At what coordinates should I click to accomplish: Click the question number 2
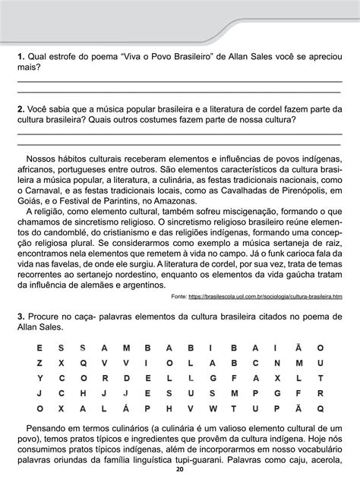point(21,109)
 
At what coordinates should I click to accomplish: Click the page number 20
point(179,474)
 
